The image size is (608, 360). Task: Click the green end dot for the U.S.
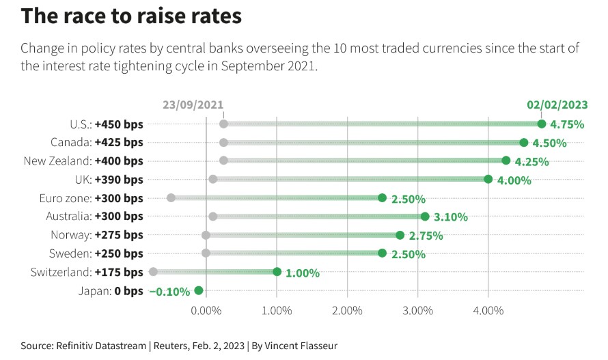[542, 124]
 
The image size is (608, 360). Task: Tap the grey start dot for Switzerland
[153, 271]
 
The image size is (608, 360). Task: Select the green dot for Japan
[199, 290]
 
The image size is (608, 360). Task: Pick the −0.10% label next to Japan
[169, 291]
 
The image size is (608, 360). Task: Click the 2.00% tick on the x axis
[347, 311]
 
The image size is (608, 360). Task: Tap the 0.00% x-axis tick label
[206, 311]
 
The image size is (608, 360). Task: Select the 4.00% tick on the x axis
[488, 311]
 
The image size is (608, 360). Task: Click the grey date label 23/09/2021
[193, 105]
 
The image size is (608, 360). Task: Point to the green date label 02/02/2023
[557, 105]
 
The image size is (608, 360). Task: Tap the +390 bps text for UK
[120, 179]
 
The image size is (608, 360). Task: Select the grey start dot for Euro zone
[171, 197]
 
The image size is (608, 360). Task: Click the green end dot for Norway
[400, 234]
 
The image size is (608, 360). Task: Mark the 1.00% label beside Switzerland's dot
[302, 273]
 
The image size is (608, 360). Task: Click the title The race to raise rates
[131, 16]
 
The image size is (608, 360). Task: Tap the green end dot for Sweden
[383, 253]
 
